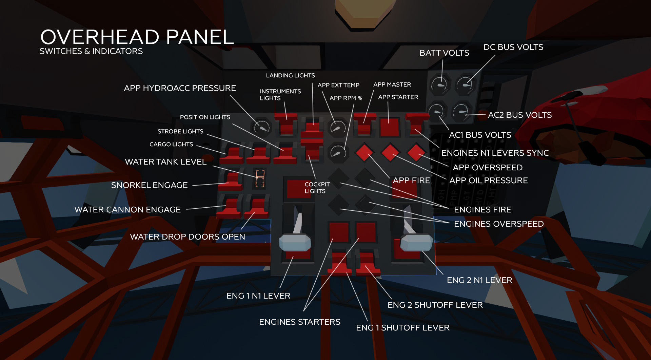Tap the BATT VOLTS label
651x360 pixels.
tap(444, 53)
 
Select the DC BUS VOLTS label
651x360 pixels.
tap(513, 47)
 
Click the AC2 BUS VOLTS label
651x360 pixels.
tap(519, 115)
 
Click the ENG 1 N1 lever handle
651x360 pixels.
tap(294, 242)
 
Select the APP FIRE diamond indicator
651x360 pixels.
tap(364, 152)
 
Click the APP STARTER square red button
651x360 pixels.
tap(389, 127)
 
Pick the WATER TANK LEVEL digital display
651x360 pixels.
tap(260, 178)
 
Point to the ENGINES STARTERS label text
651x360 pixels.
tap(299, 322)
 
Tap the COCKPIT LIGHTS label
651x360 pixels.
tap(317, 188)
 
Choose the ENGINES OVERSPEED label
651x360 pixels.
tap(498, 224)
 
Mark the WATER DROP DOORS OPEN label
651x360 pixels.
tap(188, 237)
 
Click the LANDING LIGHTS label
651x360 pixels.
tap(290, 75)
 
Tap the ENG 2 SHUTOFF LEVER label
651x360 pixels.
tap(435, 305)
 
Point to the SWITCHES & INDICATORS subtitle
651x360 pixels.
tap(91, 51)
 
